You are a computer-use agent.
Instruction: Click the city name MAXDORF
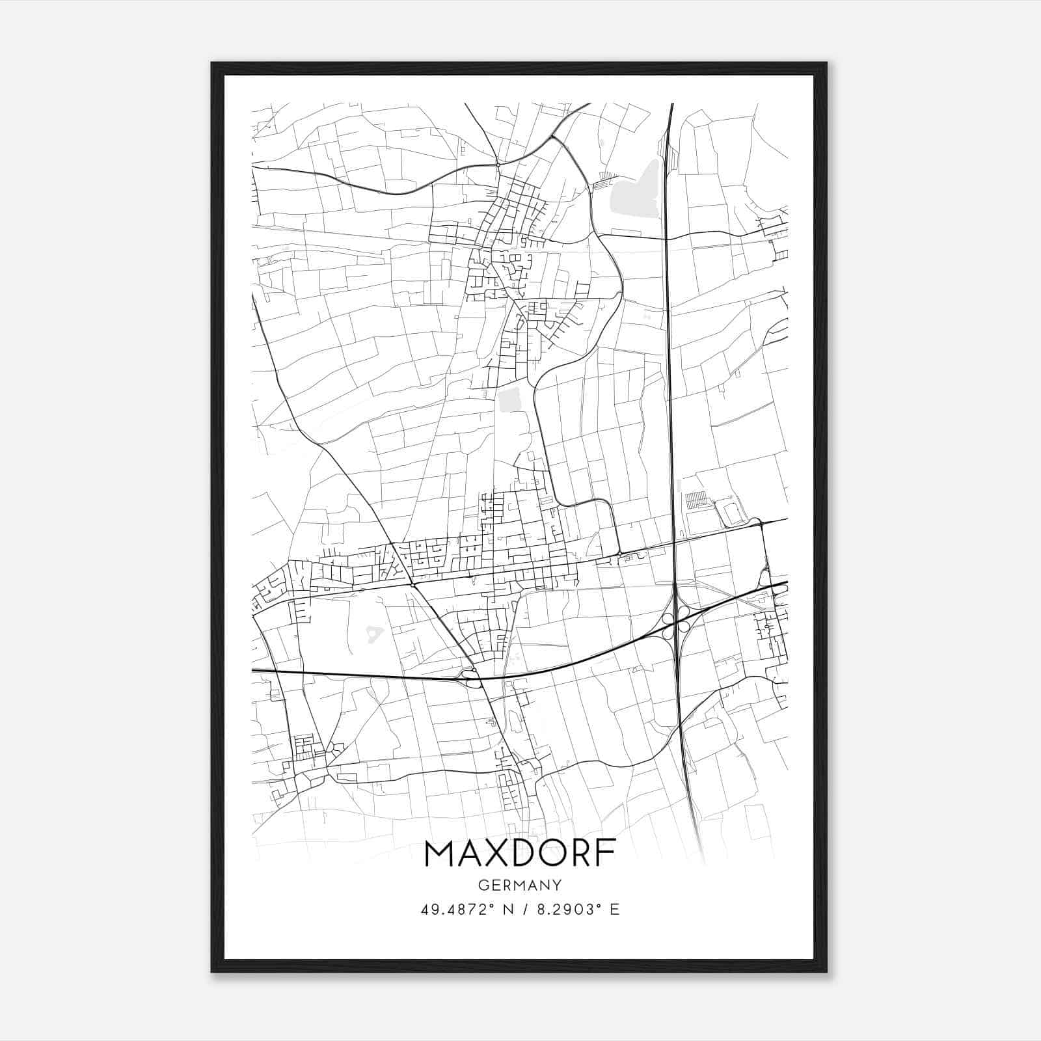click(x=520, y=854)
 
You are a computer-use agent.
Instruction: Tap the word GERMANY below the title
click(x=520, y=885)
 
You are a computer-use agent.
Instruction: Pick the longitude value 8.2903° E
click(x=578, y=910)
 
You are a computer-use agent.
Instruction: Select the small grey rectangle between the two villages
click(x=511, y=399)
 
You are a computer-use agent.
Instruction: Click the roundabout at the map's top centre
click(x=498, y=164)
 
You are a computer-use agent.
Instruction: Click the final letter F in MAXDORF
click(x=606, y=854)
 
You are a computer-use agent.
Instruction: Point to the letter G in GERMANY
click(x=483, y=885)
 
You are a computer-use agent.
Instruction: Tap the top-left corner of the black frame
click(x=213, y=64)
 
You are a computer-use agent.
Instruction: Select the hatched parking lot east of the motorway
click(x=696, y=500)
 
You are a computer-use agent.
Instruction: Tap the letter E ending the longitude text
click(x=614, y=910)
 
